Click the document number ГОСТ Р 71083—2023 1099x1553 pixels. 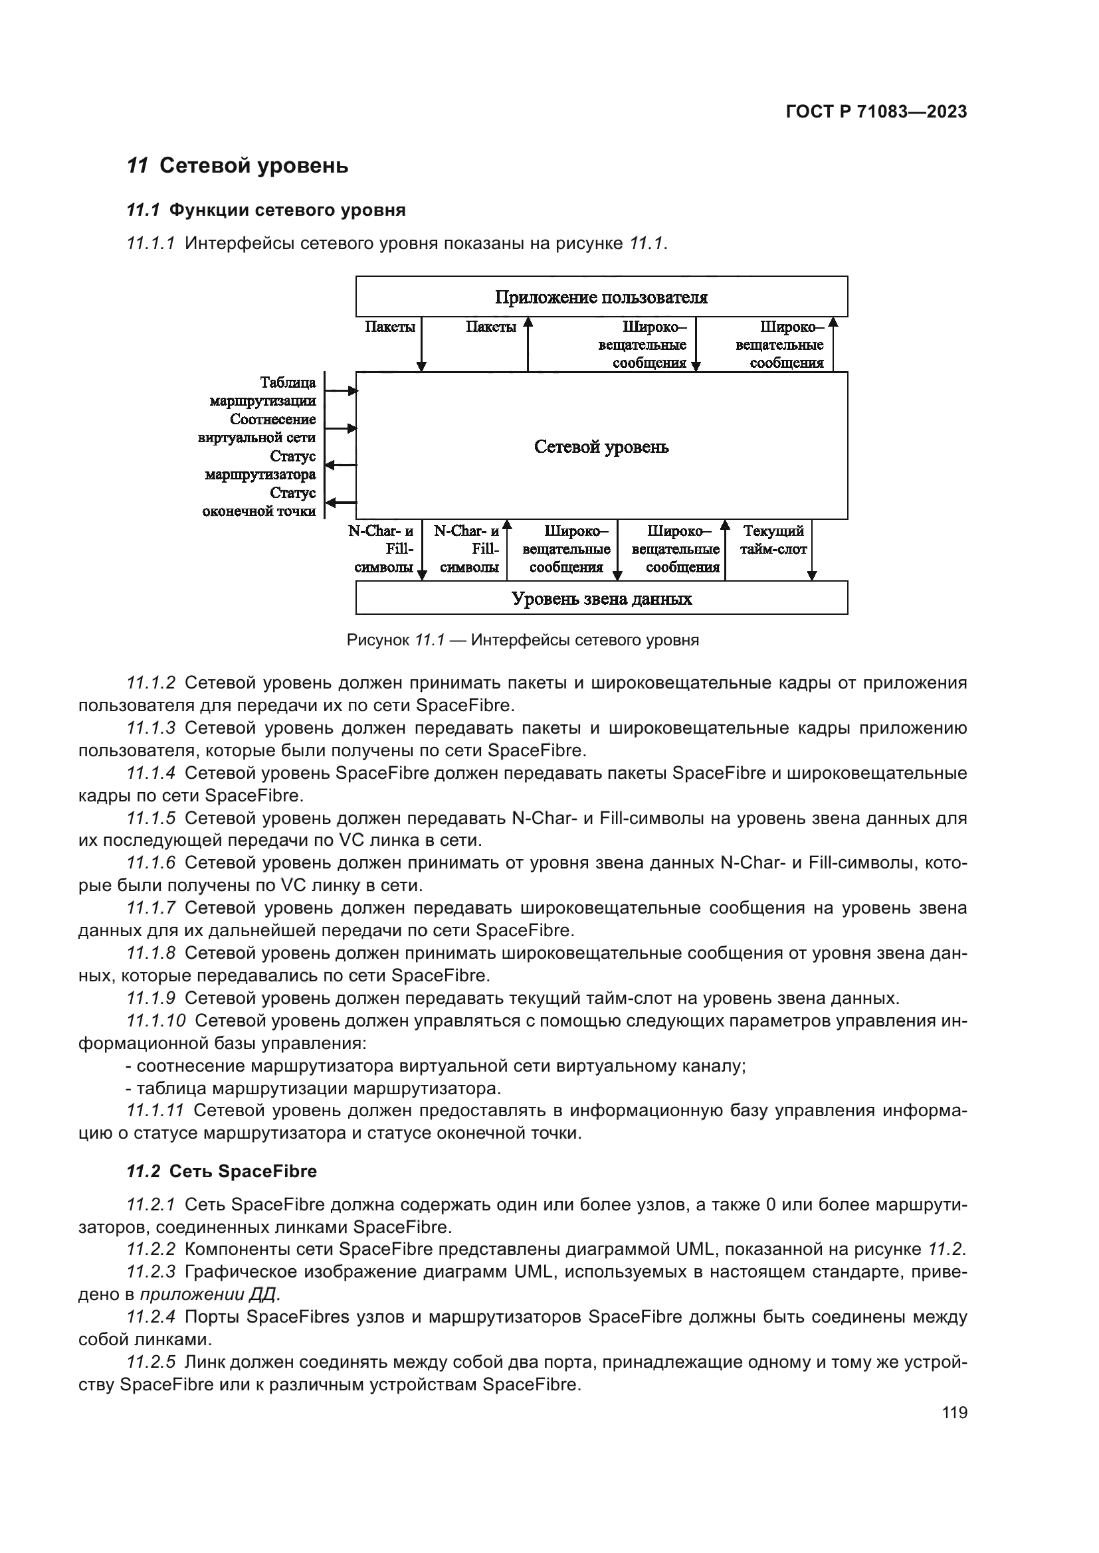click(x=876, y=112)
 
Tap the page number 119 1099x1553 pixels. click(x=954, y=1412)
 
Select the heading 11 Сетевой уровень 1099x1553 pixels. click(x=237, y=166)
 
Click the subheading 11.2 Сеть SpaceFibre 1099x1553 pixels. click(x=221, y=1171)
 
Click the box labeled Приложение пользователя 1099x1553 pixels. click(x=601, y=297)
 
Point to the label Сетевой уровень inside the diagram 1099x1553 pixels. click(x=601, y=447)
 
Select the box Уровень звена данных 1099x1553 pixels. click(x=601, y=599)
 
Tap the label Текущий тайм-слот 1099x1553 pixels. click(x=773, y=540)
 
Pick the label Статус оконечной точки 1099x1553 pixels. click(x=259, y=502)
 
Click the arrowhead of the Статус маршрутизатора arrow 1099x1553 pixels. click(x=330, y=465)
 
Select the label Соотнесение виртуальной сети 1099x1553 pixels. click(x=257, y=428)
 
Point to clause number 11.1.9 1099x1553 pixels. click(x=151, y=998)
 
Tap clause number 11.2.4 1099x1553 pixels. click(x=151, y=1316)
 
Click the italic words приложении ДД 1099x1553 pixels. click(x=210, y=1294)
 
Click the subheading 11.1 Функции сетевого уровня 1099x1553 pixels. click(x=266, y=210)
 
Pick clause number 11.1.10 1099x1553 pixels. click(x=155, y=1020)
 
